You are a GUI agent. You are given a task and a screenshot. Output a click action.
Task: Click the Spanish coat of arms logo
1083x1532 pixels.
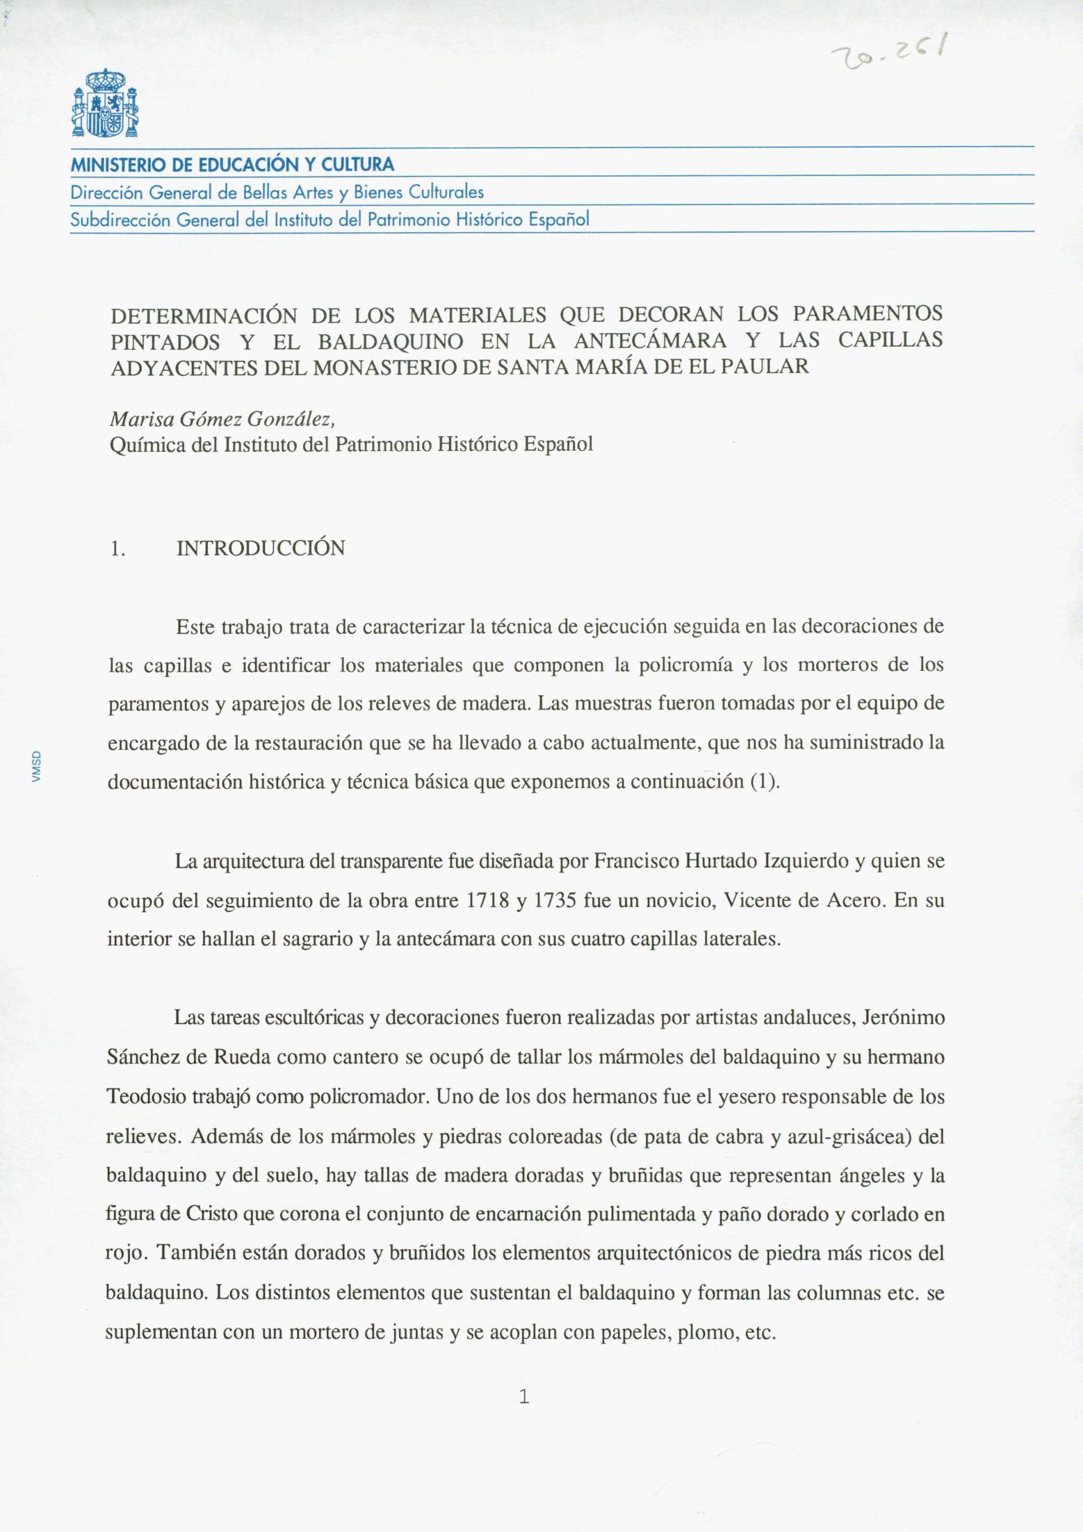click(x=105, y=104)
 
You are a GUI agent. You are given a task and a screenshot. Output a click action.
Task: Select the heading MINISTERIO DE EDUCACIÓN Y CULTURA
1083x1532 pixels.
click(x=233, y=165)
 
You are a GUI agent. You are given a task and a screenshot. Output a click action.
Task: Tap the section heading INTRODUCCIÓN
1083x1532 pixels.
click(x=261, y=548)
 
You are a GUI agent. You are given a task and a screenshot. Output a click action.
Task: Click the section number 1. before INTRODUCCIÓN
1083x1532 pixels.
click(x=117, y=549)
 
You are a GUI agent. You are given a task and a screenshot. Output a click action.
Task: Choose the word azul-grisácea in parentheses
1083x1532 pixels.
click(x=858, y=1136)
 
